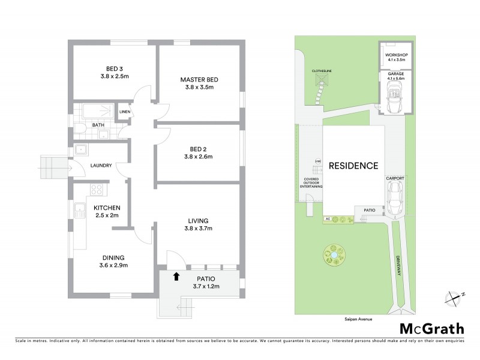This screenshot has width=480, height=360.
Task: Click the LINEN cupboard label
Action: coord(125,112)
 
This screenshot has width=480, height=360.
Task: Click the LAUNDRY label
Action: coord(101,166)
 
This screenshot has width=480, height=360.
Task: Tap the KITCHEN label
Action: coord(111,208)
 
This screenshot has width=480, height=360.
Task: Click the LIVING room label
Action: coord(198,220)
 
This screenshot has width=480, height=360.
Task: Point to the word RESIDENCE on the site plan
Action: coord(353,166)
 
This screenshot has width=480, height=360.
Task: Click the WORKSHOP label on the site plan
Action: coord(397,55)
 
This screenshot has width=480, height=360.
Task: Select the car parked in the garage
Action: coord(397,98)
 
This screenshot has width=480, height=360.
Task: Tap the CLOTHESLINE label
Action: coord(322,70)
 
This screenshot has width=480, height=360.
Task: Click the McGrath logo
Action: coord(431,328)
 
